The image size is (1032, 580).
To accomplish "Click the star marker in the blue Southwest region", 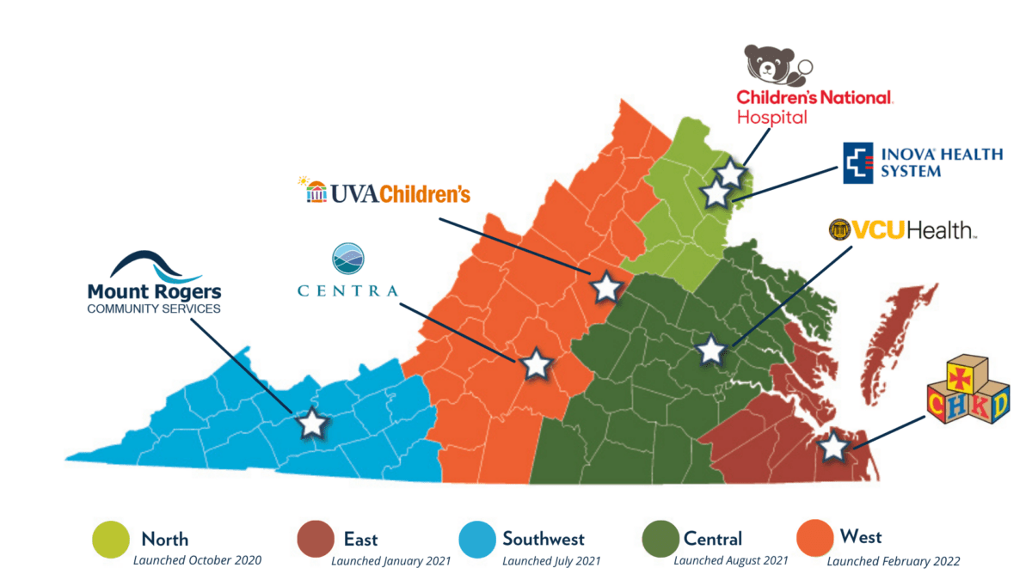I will [x=311, y=423].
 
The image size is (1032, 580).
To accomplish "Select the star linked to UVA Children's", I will [x=605, y=287].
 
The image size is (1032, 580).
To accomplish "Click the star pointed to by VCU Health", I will [x=710, y=350].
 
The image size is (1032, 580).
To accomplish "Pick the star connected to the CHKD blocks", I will [x=832, y=446].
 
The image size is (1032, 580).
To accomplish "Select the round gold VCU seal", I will [x=839, y=229].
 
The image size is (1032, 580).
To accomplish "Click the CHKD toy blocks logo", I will [x=968, y=393].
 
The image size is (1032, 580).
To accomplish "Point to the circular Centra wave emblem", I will [x=348, y=259].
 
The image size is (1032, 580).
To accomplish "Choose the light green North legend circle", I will [x=111, y=539].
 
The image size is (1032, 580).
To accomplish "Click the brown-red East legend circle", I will [x=314, y=539].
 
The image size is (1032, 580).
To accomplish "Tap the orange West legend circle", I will [x=814, y=538].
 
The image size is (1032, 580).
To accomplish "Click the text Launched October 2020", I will [x=197, y=560].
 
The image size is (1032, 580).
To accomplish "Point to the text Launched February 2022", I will [x=894, y=561].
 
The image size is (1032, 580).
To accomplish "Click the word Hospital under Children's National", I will [x=771, y=117].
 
